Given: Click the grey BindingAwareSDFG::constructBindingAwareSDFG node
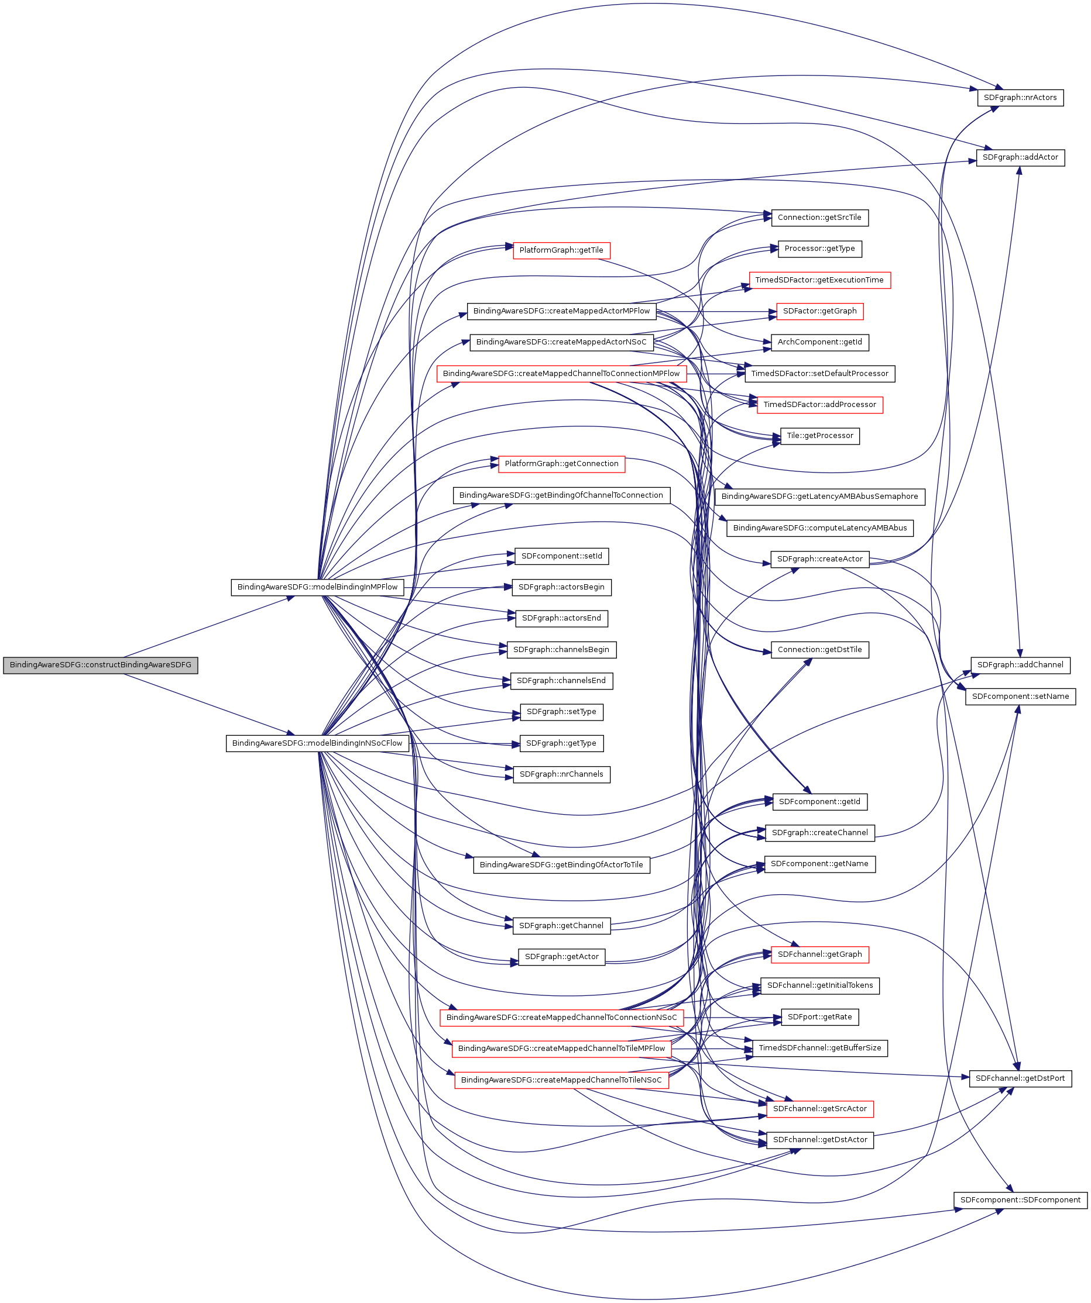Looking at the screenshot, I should click(100, 665).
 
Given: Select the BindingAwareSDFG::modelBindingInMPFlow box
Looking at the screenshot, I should click(317, 587).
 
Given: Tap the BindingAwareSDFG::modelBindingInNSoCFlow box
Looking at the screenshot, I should click(317, 743).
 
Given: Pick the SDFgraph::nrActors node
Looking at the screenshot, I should click(1020, 98).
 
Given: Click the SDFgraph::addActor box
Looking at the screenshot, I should click(1020, 157).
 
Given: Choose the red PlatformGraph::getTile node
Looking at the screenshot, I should click(561, 251).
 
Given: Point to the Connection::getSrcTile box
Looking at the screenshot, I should click(819, 218).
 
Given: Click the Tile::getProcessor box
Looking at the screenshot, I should click(819, 436).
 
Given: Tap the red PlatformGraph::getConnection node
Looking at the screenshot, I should click(561, 464).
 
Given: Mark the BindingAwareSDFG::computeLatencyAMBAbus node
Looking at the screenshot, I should click(819, 528).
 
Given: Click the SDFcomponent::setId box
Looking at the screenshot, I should click(561, 557).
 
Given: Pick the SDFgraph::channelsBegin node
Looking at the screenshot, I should click(561, 650).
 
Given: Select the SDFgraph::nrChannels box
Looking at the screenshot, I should click(561, 774).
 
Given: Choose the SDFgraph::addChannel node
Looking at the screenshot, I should click(1020, 665).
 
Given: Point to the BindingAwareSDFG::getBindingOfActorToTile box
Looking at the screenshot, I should click(561, 865).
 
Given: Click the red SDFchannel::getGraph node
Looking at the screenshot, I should click(819, 954).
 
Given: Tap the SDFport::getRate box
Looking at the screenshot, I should click(819, 1017).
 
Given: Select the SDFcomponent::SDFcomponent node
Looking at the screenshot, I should click(1020, 1200).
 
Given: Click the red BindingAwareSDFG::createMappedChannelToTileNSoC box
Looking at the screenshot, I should click(561, 1080).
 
